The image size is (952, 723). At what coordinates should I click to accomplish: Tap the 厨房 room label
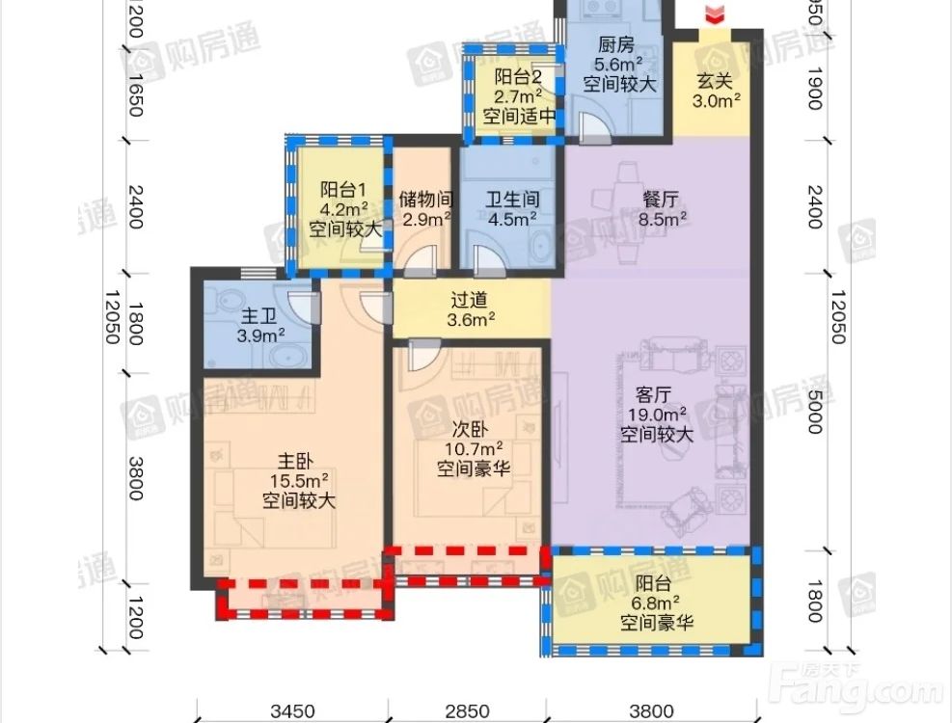[x=615, y=44]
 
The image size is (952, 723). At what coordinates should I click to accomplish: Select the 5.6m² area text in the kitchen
[x=618, y=64]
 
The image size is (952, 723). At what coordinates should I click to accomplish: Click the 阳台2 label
[x=518, y=77]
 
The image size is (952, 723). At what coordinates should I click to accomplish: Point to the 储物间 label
[x=426, y=200]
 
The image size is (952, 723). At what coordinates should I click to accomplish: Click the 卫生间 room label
[x=513, y=200]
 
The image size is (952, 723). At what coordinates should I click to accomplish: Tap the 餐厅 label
[x=661, y=200]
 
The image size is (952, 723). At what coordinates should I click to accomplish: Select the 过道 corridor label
[x=469, y=299]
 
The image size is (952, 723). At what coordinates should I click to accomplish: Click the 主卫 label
[x=259, y=315]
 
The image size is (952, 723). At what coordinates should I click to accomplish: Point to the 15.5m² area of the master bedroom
[x=299, y=481]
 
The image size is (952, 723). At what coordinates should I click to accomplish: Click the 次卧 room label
[x=471, y=429]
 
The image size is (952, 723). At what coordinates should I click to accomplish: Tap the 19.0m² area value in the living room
[x=657, y=415]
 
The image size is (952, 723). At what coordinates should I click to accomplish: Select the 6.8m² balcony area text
[x=657, y=602]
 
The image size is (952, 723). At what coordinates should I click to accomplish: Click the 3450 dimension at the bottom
[x=292, y=710]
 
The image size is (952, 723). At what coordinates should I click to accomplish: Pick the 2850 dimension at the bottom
[x=467, y=710]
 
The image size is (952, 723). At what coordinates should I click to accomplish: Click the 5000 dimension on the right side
[x=815, y=412]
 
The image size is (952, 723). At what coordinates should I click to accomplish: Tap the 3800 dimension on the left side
[x=136, y=478]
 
